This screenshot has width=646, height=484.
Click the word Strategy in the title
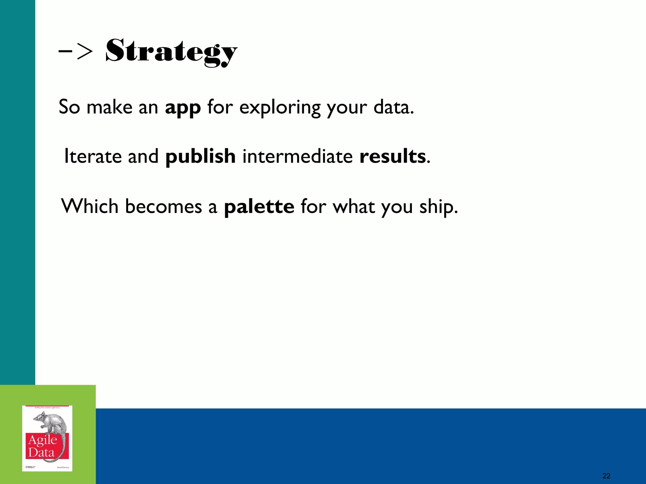pos(171,51)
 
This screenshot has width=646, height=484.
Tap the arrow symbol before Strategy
pos(76,51)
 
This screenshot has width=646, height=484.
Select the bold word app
pos(183,107)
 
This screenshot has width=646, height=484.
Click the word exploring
pos(279,107)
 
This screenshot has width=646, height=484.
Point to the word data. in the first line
pos(393,107)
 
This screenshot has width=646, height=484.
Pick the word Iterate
pos(93,156)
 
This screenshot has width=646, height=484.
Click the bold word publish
pos(200,156)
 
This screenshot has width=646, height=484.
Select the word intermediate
pos(297,156)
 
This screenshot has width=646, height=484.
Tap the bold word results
pos(392,156)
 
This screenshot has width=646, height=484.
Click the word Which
pos(90,206)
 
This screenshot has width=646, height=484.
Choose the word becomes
pos(163,206)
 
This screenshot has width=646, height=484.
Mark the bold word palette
pos(259,206)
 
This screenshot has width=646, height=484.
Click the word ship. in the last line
pos(438,207)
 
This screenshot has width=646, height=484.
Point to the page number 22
pos(606,476)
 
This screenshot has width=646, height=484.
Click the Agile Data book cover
pos(47,438)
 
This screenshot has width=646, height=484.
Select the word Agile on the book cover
pos(43,440)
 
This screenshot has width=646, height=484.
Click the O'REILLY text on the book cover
pos(30,467)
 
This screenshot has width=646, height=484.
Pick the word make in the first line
pos(109,107)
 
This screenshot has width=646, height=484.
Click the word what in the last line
pos(353,206)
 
